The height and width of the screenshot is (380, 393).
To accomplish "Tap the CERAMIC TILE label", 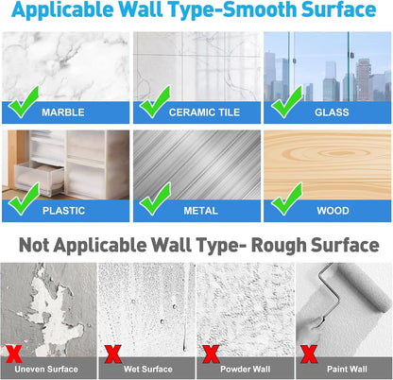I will pos(203,112).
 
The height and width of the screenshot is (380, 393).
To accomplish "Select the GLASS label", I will pos(333,112).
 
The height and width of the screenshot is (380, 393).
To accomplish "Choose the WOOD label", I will pos(333,211).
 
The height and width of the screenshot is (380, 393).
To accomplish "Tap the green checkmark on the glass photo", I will pos(284,99).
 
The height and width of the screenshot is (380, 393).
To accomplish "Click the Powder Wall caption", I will pos(251,366).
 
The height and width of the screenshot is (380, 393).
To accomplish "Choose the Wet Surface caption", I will pos(152,366).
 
